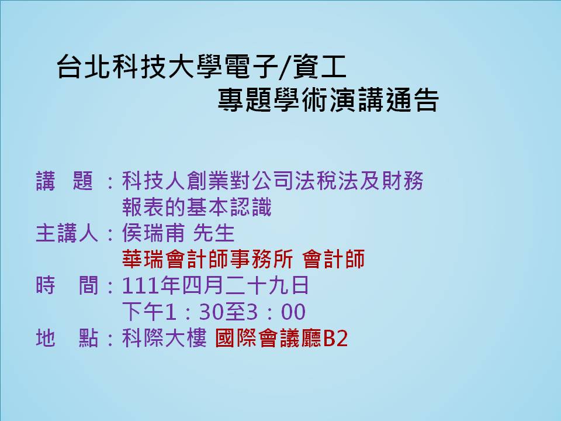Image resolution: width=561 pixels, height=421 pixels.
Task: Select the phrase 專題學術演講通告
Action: [328, 99]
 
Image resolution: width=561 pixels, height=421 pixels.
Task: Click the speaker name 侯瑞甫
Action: [154, 233]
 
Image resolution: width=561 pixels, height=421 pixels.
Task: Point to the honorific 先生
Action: [214, 233]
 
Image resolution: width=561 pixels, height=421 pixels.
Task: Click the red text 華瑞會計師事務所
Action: [207, 259]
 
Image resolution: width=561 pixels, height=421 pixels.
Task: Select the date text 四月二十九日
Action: [245, 285]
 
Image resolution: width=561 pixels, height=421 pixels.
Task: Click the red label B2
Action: [335, 338]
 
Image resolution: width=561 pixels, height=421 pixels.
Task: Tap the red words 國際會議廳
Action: [268, 338]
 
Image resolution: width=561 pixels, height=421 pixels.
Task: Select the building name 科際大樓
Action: [164, 338]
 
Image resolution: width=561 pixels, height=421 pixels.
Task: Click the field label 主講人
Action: [67, 233]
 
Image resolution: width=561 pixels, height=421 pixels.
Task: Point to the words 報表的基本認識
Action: [197, 207]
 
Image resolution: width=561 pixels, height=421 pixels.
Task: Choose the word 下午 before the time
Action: [143, 312]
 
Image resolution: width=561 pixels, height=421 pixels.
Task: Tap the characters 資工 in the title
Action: [320, 67]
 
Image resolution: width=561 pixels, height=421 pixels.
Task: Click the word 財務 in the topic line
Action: [403, 181]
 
